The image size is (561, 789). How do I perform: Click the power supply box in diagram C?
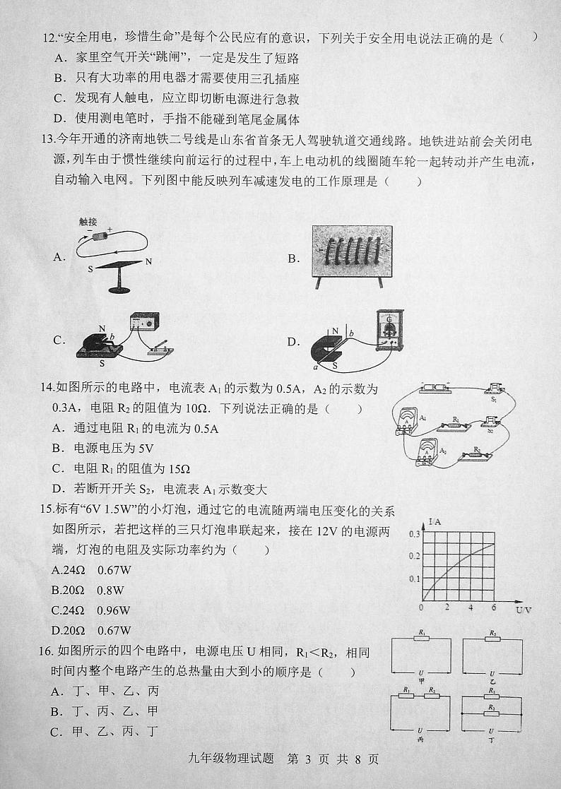pos(144,324)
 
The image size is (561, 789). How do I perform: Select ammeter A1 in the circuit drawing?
pos(408,421)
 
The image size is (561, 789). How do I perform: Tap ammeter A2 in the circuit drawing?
pos(426,452)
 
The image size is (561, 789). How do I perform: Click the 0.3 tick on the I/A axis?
pos(414,534)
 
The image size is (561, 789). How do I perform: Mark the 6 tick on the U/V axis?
pos(493,607)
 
